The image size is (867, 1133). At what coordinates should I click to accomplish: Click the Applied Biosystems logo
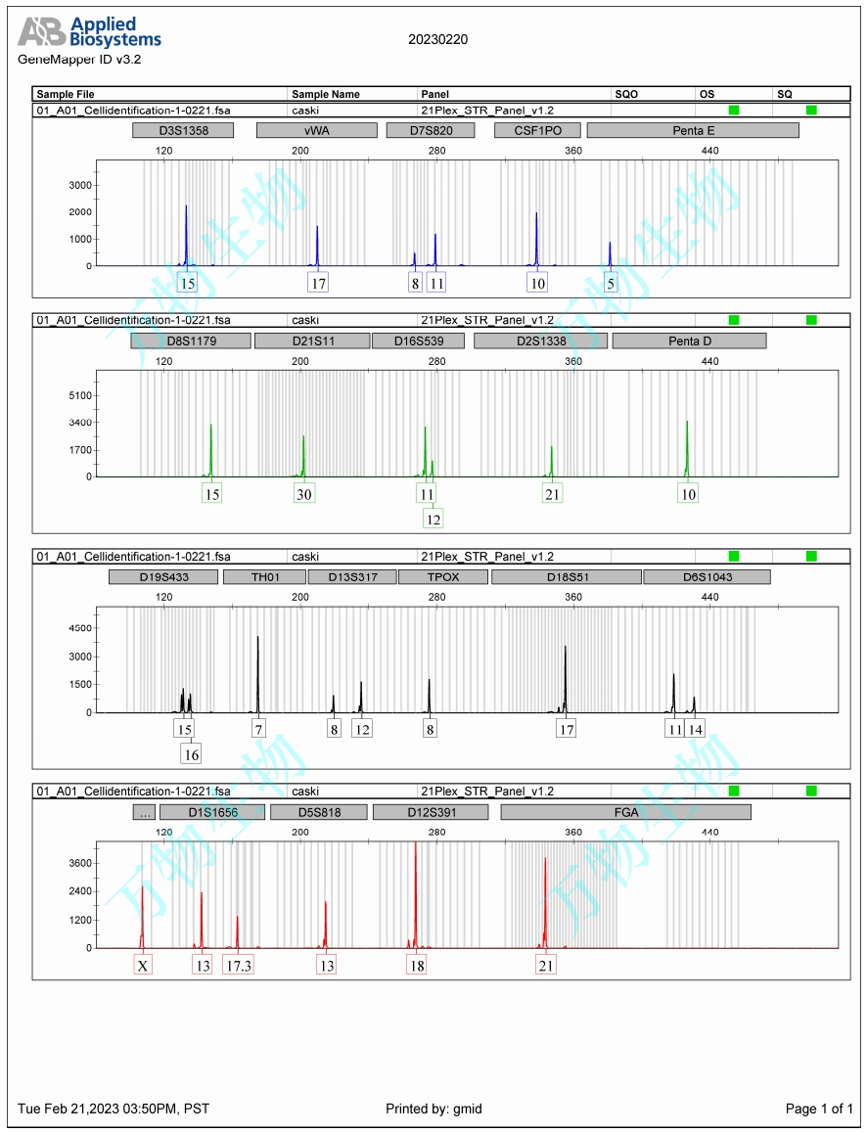(89, 32)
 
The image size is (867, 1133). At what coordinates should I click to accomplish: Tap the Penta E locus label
(693, 130)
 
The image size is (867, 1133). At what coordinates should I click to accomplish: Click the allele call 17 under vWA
(318, 283)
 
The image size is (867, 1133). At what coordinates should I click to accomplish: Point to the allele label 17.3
(238, 966)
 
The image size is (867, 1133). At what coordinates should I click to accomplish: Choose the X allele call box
(143, 966)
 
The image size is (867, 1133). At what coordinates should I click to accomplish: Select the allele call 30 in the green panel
(304, 494)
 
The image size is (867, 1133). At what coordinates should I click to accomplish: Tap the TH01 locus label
(265, 577)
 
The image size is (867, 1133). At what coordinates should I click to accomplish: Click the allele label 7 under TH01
(258, 729)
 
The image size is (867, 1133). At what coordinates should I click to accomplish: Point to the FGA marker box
(625, 812)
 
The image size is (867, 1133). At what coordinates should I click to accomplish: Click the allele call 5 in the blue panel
(612, 283)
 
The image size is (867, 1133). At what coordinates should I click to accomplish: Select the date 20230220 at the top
(438, 39)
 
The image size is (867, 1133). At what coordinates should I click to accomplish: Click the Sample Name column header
(326, 94)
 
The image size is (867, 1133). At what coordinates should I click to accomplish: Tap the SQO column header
(626, 94)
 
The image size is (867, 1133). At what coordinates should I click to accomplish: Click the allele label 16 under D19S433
(191, 754)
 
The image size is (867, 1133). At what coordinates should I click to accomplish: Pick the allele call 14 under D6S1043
(696, 729)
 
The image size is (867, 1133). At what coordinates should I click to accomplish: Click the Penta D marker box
(689, 340)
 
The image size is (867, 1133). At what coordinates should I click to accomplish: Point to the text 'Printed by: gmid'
(433, 1109)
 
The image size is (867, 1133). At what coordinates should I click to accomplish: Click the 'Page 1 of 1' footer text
(819, 1109)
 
